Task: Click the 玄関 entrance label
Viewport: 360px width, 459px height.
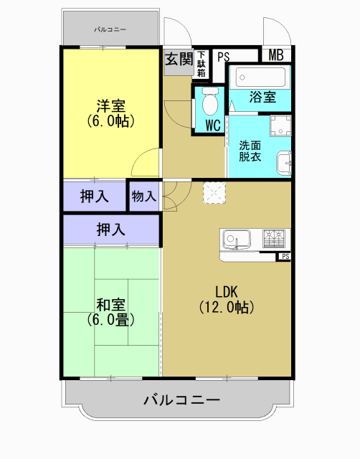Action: click(179, 60)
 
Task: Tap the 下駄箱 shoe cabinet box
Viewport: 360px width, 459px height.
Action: click(202, 64)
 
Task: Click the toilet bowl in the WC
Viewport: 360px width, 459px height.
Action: click(209, 103)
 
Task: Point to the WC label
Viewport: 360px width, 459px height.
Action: click(213, 126)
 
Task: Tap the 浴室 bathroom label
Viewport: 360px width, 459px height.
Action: click(263, 98)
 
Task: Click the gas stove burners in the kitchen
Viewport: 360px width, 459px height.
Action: click(275, 237)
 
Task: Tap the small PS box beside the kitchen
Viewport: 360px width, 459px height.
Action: click(285, 256)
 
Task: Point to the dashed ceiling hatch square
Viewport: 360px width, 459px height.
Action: click(214, 192)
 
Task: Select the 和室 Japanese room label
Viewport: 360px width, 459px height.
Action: click(110, 311)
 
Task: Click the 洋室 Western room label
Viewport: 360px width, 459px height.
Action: click(110, 113)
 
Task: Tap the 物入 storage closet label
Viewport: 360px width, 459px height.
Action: click(144, 195)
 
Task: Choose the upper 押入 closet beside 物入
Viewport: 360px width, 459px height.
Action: click(95, 195)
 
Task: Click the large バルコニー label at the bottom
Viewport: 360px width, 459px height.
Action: click(181, 399)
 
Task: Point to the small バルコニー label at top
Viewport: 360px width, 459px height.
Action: click(110, 29)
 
